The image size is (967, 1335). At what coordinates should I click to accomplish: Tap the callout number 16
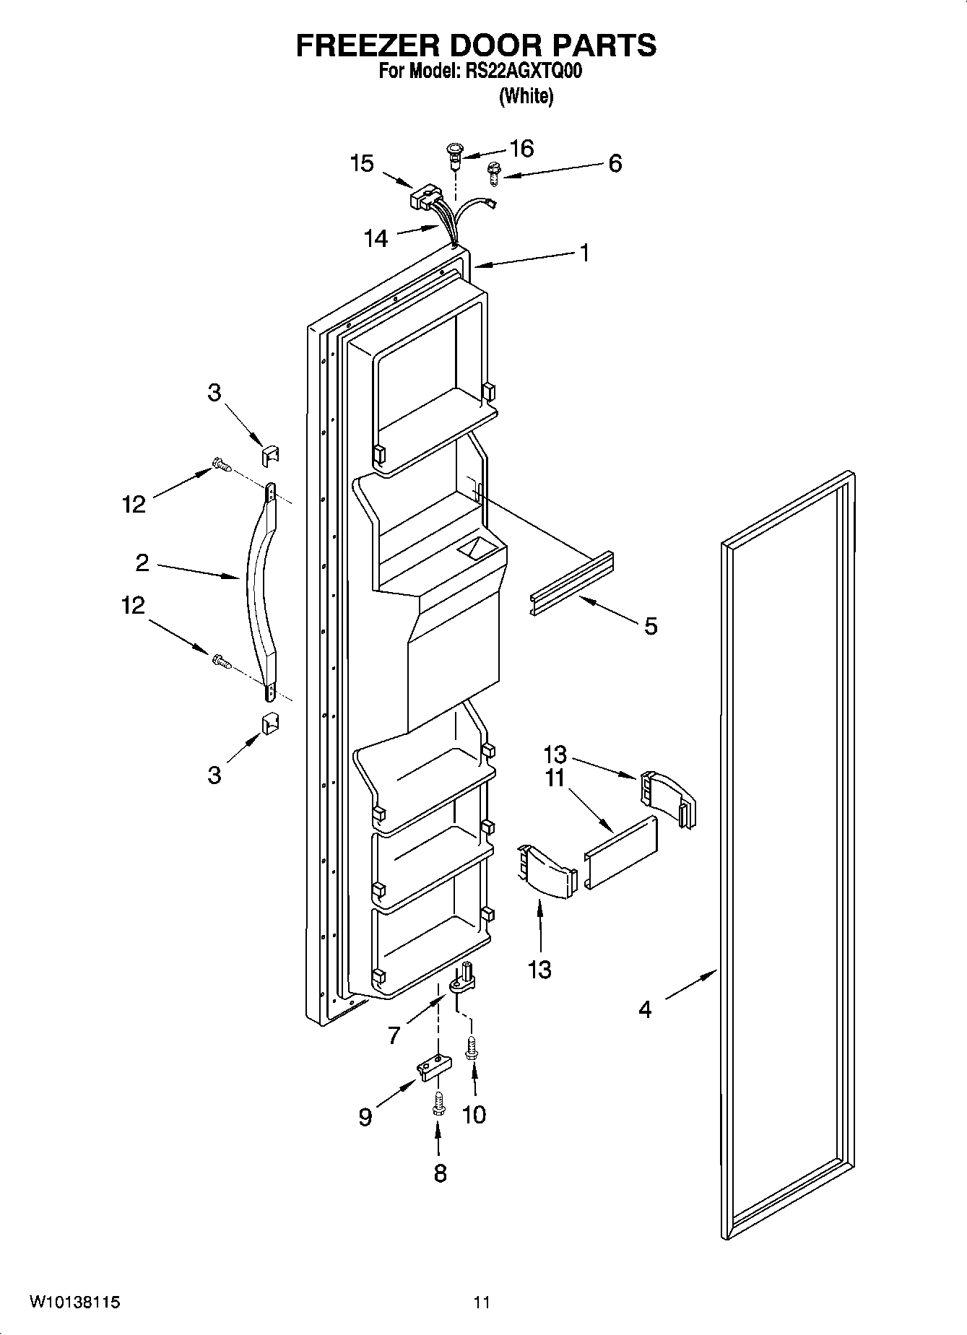(x=521, y=149)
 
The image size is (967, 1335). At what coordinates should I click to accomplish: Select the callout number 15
(x=362, y=164)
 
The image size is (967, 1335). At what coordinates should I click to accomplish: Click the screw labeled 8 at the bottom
(x=438, y=1103)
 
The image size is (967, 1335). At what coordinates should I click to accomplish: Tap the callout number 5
(x=651, y=626)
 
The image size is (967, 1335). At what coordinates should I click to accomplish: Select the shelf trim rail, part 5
(x=572, y=583)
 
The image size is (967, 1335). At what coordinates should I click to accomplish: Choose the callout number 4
(x=645, y=1009)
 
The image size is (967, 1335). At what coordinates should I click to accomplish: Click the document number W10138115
(x=74, y=1303)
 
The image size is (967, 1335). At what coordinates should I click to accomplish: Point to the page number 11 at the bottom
(x=482, y=1303)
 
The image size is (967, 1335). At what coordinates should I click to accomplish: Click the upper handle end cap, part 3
(x=269, y=455)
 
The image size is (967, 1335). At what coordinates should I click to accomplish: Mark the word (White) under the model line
(x=526, y=96)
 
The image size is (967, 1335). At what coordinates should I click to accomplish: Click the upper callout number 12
(x=134, y=504)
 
